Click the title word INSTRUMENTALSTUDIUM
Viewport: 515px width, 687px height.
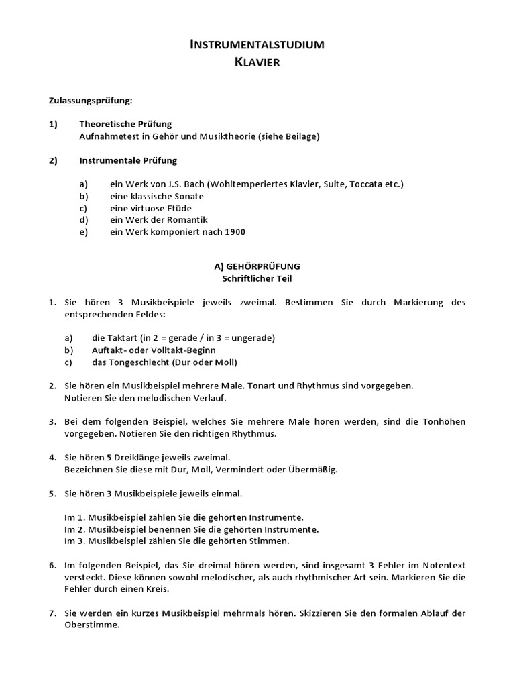coord(257,45)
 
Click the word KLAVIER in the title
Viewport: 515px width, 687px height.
coord(257,62)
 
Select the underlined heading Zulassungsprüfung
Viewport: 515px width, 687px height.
coord(91,101)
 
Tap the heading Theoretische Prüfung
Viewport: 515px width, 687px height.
coord(125,124)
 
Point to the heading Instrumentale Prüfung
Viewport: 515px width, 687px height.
coord(128,160)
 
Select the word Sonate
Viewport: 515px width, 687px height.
coord(188,196)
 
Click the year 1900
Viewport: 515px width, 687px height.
coord(235,232)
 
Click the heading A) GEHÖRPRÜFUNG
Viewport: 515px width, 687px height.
coord(257,266)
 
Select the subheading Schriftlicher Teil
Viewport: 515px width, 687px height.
coord(257,278)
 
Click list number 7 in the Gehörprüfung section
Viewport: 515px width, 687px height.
coord(52,613)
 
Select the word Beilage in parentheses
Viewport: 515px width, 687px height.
coord(299,136)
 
